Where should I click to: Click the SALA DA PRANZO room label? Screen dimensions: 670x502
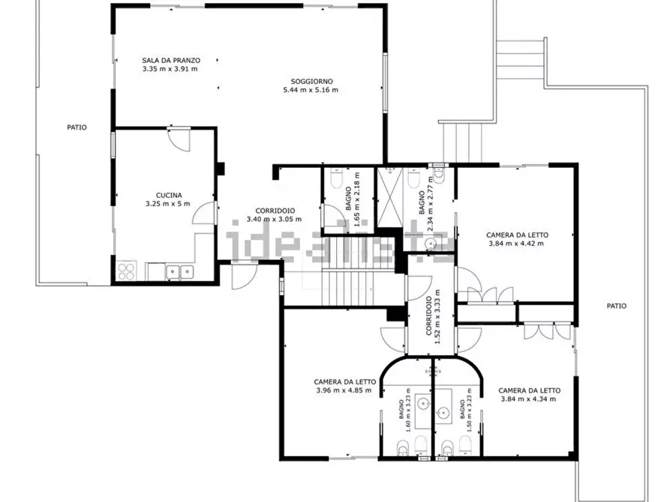click(171, 61)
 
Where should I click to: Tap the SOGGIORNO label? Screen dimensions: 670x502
click(311, 81)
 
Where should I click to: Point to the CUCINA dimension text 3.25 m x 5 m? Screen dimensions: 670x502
click(168, 204)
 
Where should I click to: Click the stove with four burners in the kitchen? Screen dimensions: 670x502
click(126, 270)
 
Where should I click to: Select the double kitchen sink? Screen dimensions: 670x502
click(179, 271)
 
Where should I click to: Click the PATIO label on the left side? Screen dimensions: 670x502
click(77, 127)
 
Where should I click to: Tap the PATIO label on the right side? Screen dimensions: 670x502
click(617, 306)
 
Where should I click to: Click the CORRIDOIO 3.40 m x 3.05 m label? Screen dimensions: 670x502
click(275, 215)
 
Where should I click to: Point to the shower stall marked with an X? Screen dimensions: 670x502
click(389, 196)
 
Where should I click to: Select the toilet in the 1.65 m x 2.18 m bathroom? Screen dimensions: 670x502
click(337, 179)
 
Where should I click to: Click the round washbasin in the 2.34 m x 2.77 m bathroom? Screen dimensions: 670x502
click(431, 244)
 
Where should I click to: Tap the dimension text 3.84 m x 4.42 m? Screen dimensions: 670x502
click(516, 244)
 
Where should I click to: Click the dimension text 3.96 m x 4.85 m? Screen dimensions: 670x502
click(344, 390)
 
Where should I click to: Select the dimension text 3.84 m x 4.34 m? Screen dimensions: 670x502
click(528, 399)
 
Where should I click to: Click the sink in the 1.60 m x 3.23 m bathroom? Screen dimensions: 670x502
click(423, 402)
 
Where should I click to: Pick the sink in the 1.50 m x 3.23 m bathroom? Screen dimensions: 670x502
click(443, 412)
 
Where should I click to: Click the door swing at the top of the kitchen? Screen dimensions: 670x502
click(179, 139)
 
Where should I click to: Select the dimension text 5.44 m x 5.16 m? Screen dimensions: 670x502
click(311, 90)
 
